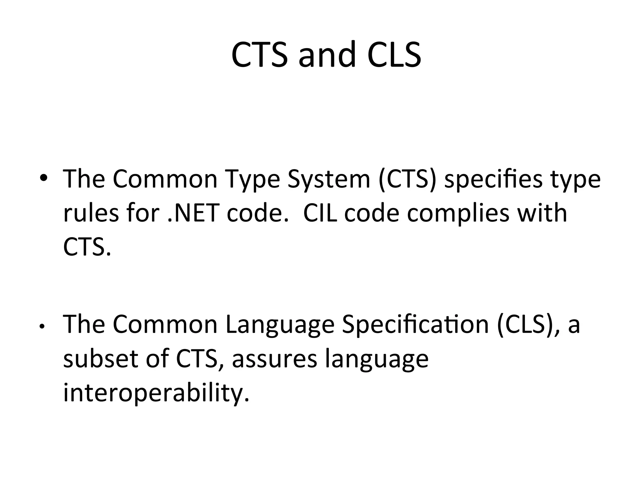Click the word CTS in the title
[x=259, y=54]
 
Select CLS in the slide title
[x=394, y=54]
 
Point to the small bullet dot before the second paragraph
[x=41, y=327]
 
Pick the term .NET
[x=192, y=213]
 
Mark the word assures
[x=274, y=359]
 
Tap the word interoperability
[x=156, y=393]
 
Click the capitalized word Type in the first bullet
[x=253, y=179]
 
